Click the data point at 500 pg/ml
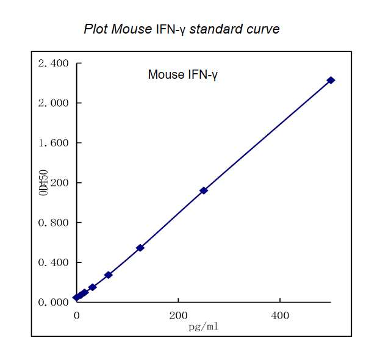click(x=331, y=81)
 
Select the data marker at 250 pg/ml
click(x=204, y=190)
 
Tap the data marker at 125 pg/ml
click(x=140, y=248)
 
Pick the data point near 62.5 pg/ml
click(x=109, y=275)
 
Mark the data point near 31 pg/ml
click(x=92, y=287)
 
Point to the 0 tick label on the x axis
click(x=76, y=315)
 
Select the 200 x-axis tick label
click(x=178, y=315)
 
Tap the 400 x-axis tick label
click(x=280, y=315)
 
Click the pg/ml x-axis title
click(x=203, y=326)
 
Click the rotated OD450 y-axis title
click(x=43, y=183)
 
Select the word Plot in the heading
click(x=96, y=29)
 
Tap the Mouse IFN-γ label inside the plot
click(x=182, y=75)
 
